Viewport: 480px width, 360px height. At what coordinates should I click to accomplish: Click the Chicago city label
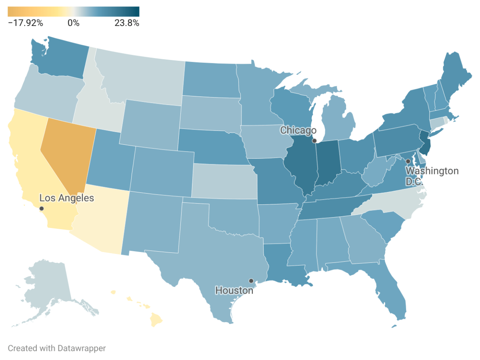[298, 130]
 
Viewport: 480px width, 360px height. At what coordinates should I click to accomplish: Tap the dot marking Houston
[251, 281]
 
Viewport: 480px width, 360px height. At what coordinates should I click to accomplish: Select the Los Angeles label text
[67, 198]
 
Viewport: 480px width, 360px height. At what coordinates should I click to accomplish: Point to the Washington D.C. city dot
[408, 161]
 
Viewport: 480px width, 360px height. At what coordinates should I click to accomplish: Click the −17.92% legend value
[26, 23]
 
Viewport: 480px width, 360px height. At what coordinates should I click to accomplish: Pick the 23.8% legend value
[127, 23]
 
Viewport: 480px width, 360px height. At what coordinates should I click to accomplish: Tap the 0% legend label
[74, 23]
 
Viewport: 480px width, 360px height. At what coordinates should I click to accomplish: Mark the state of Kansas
[224, 182]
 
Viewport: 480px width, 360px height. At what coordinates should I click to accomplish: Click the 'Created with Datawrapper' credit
[57, 348]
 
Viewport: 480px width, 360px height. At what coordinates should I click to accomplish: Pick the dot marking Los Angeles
[42, 208]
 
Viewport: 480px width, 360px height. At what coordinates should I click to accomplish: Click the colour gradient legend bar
[74, 12]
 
